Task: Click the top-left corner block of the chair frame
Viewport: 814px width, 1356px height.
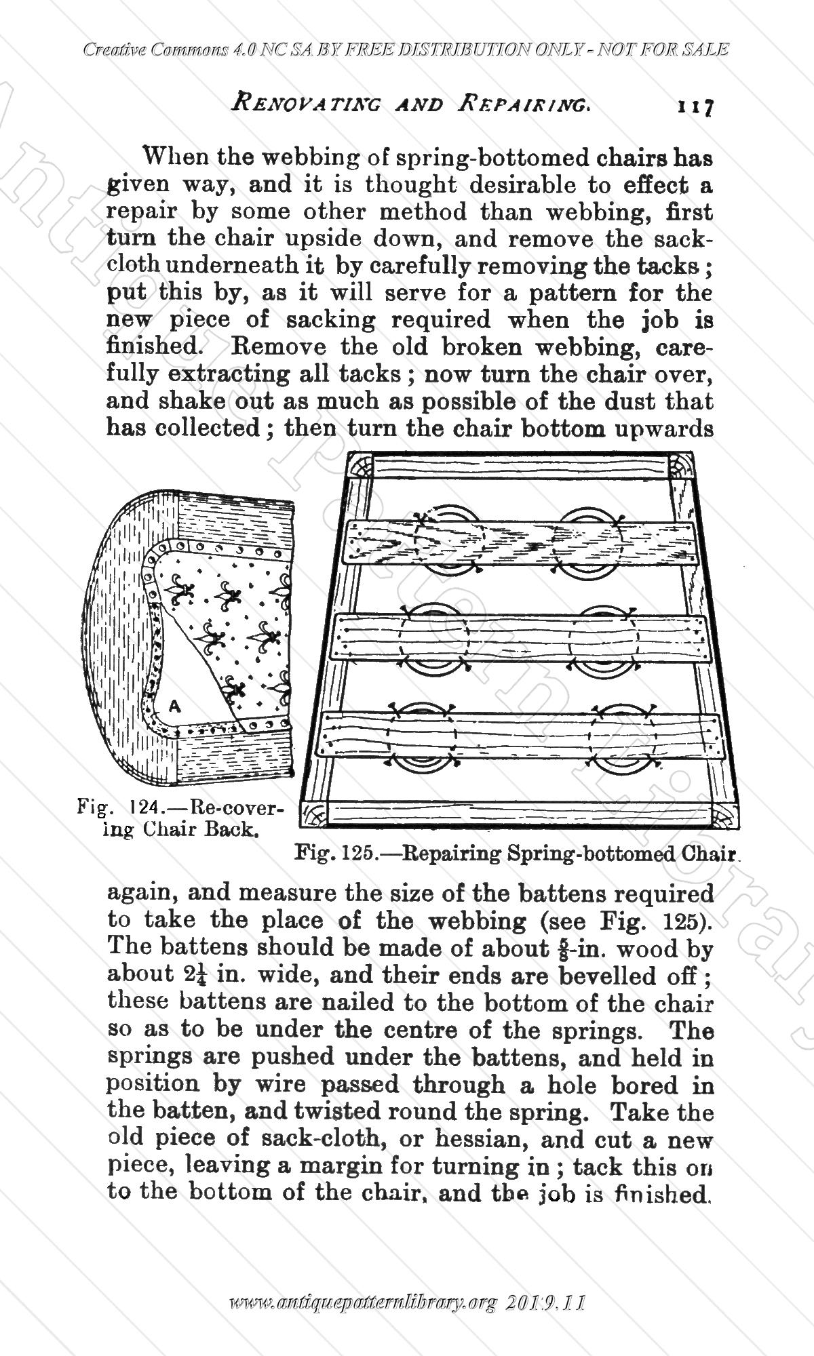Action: coord(359,467)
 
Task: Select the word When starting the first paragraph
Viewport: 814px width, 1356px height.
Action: coord(174,157)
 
